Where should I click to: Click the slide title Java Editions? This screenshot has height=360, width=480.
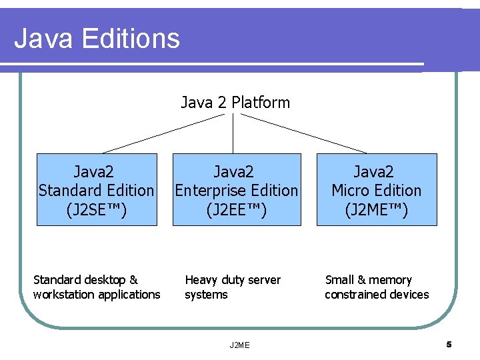(97, 38)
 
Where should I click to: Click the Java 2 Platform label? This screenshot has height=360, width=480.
(235, 103)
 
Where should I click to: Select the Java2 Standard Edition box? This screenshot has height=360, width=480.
(97, 190)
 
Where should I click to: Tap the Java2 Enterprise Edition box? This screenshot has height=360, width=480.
(236, 190)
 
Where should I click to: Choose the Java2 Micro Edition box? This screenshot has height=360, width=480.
(377, 190)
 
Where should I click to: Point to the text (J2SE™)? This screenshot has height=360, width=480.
(97, 210)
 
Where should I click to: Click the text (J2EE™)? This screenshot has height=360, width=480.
(236, 210)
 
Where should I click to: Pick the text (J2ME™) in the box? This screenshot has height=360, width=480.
(377, 210)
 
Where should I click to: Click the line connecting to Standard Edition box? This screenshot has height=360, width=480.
(163, 133)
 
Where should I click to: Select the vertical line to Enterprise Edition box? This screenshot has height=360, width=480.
(233, 133)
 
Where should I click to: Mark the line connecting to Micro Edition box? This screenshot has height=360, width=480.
(303, 133)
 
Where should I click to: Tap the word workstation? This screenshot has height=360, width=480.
(65, 295)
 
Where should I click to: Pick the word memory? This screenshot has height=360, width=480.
(390, 280)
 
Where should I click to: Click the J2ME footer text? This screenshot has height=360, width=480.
(239, 345)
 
